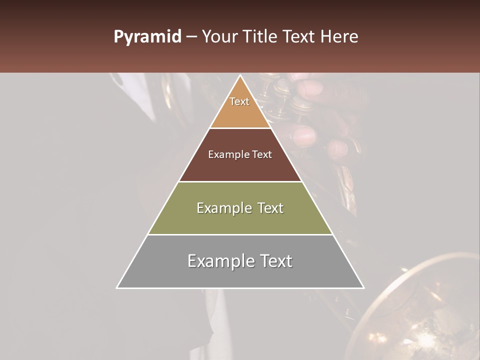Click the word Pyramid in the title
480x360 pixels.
(x=147, y=37)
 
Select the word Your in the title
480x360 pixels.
(x=219, y=37)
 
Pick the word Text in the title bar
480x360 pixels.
(x=300, y=37)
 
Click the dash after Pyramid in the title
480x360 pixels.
(x=191, y=37)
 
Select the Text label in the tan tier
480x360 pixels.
(x=239, y=101)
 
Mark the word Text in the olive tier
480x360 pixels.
(x=270, y=208)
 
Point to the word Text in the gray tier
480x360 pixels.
(x=276, y=261)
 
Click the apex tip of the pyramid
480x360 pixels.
(x=240, y=76)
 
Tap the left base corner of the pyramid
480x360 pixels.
(x=117, y=287)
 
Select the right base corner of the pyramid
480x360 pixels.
(x=363, y=287)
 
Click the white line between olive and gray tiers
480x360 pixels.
(x=240, y=234)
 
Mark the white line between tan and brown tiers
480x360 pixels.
(x=240, y=128)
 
